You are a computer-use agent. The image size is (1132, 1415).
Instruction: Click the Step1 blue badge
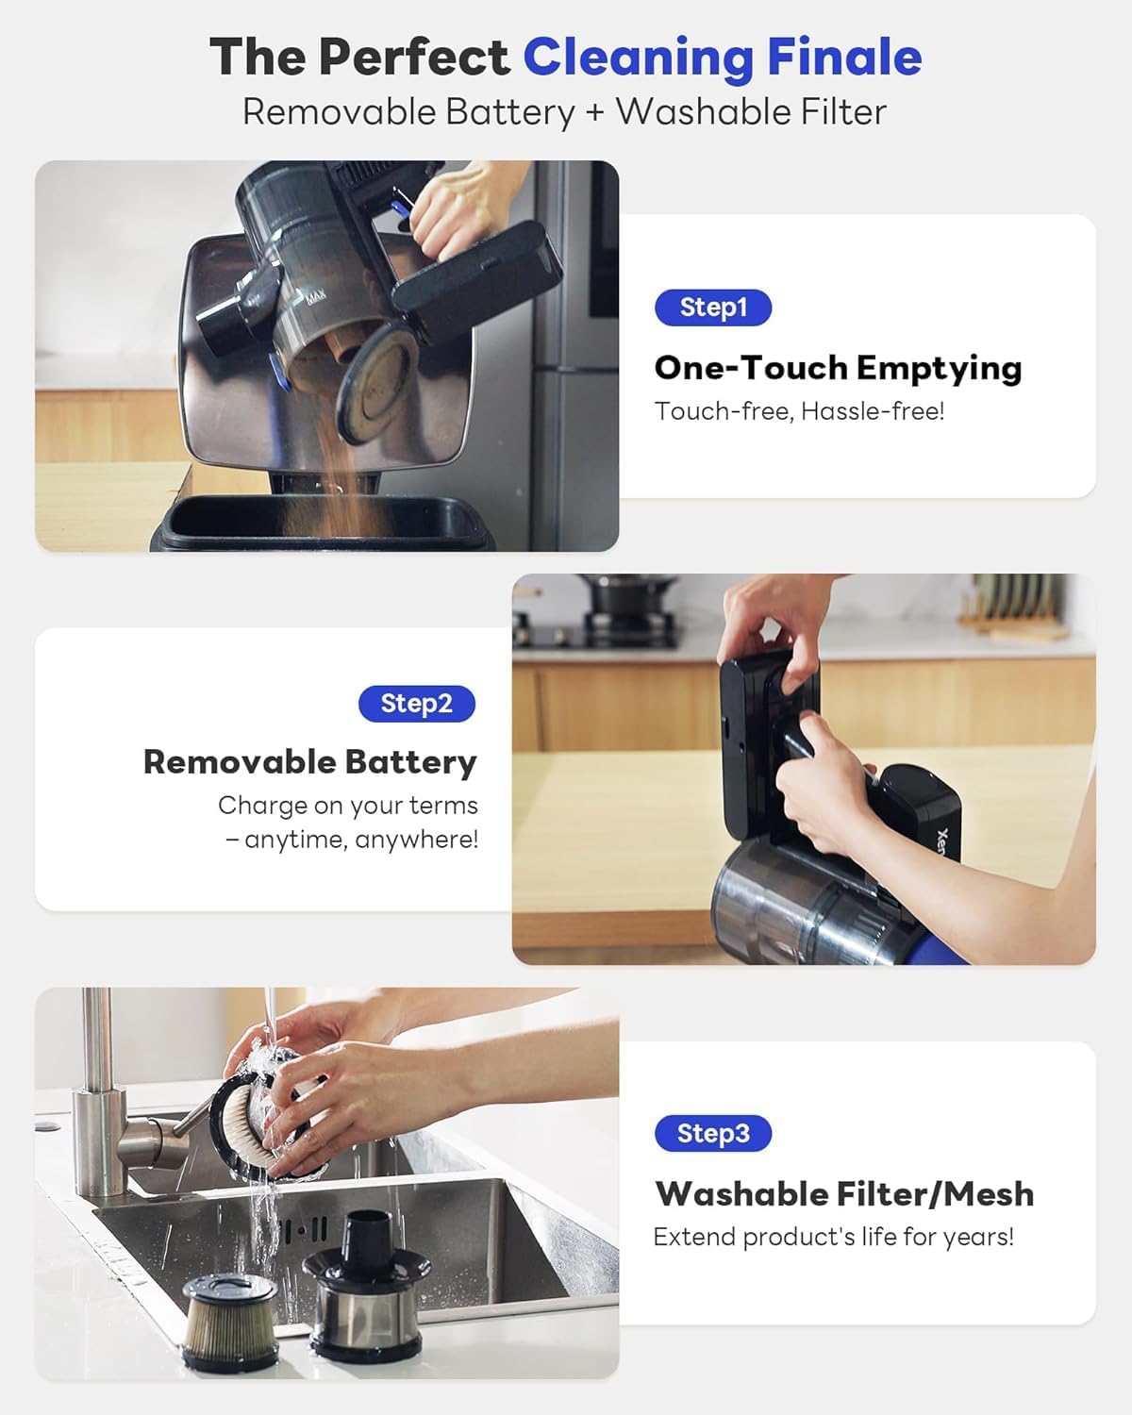tap(713, 308)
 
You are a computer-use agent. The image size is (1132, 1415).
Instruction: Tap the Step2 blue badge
tap(416, 704)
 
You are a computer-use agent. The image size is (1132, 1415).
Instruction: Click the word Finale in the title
tap(844, 57)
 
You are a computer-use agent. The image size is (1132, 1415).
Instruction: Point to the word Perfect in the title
tap(414, 57)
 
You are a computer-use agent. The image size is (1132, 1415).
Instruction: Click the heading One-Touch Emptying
tap(838, 369)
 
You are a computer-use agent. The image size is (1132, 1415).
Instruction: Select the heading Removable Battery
tap(310, 763)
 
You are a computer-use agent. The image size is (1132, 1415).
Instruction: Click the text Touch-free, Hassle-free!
tap(799, 411)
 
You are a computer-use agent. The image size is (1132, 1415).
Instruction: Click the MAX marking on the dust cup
tap(316, 296)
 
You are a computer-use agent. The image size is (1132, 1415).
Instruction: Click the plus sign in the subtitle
tap(595, 111)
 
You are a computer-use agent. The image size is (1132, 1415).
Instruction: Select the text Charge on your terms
tap(348, 806)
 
